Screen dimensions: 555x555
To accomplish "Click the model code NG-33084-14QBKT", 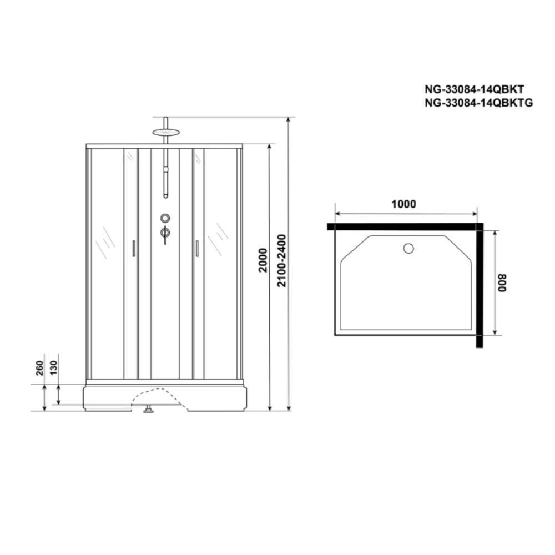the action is click(475, 89).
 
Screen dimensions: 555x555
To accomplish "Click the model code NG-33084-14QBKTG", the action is click(478, 103).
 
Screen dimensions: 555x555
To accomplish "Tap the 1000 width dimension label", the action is click(403, 204).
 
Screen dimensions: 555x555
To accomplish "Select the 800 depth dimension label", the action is click(502, 283).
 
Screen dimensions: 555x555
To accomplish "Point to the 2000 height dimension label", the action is click(263, 260).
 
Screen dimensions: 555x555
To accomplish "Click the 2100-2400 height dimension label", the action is click(282, 260).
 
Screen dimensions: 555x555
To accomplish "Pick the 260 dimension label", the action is click(39, 368).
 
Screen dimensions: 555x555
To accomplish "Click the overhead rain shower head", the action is click(166, 133).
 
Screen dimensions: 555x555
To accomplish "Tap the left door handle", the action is click(133, 248).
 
